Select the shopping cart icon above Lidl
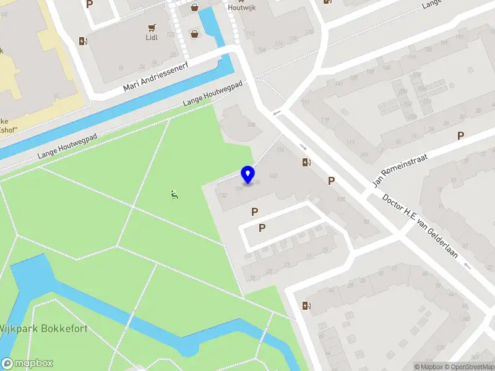152,27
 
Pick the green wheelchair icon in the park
174,195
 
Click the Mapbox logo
27,364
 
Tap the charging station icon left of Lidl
84,41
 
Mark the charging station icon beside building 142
306,163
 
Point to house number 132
222,195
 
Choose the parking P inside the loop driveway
262,228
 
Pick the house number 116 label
280,150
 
